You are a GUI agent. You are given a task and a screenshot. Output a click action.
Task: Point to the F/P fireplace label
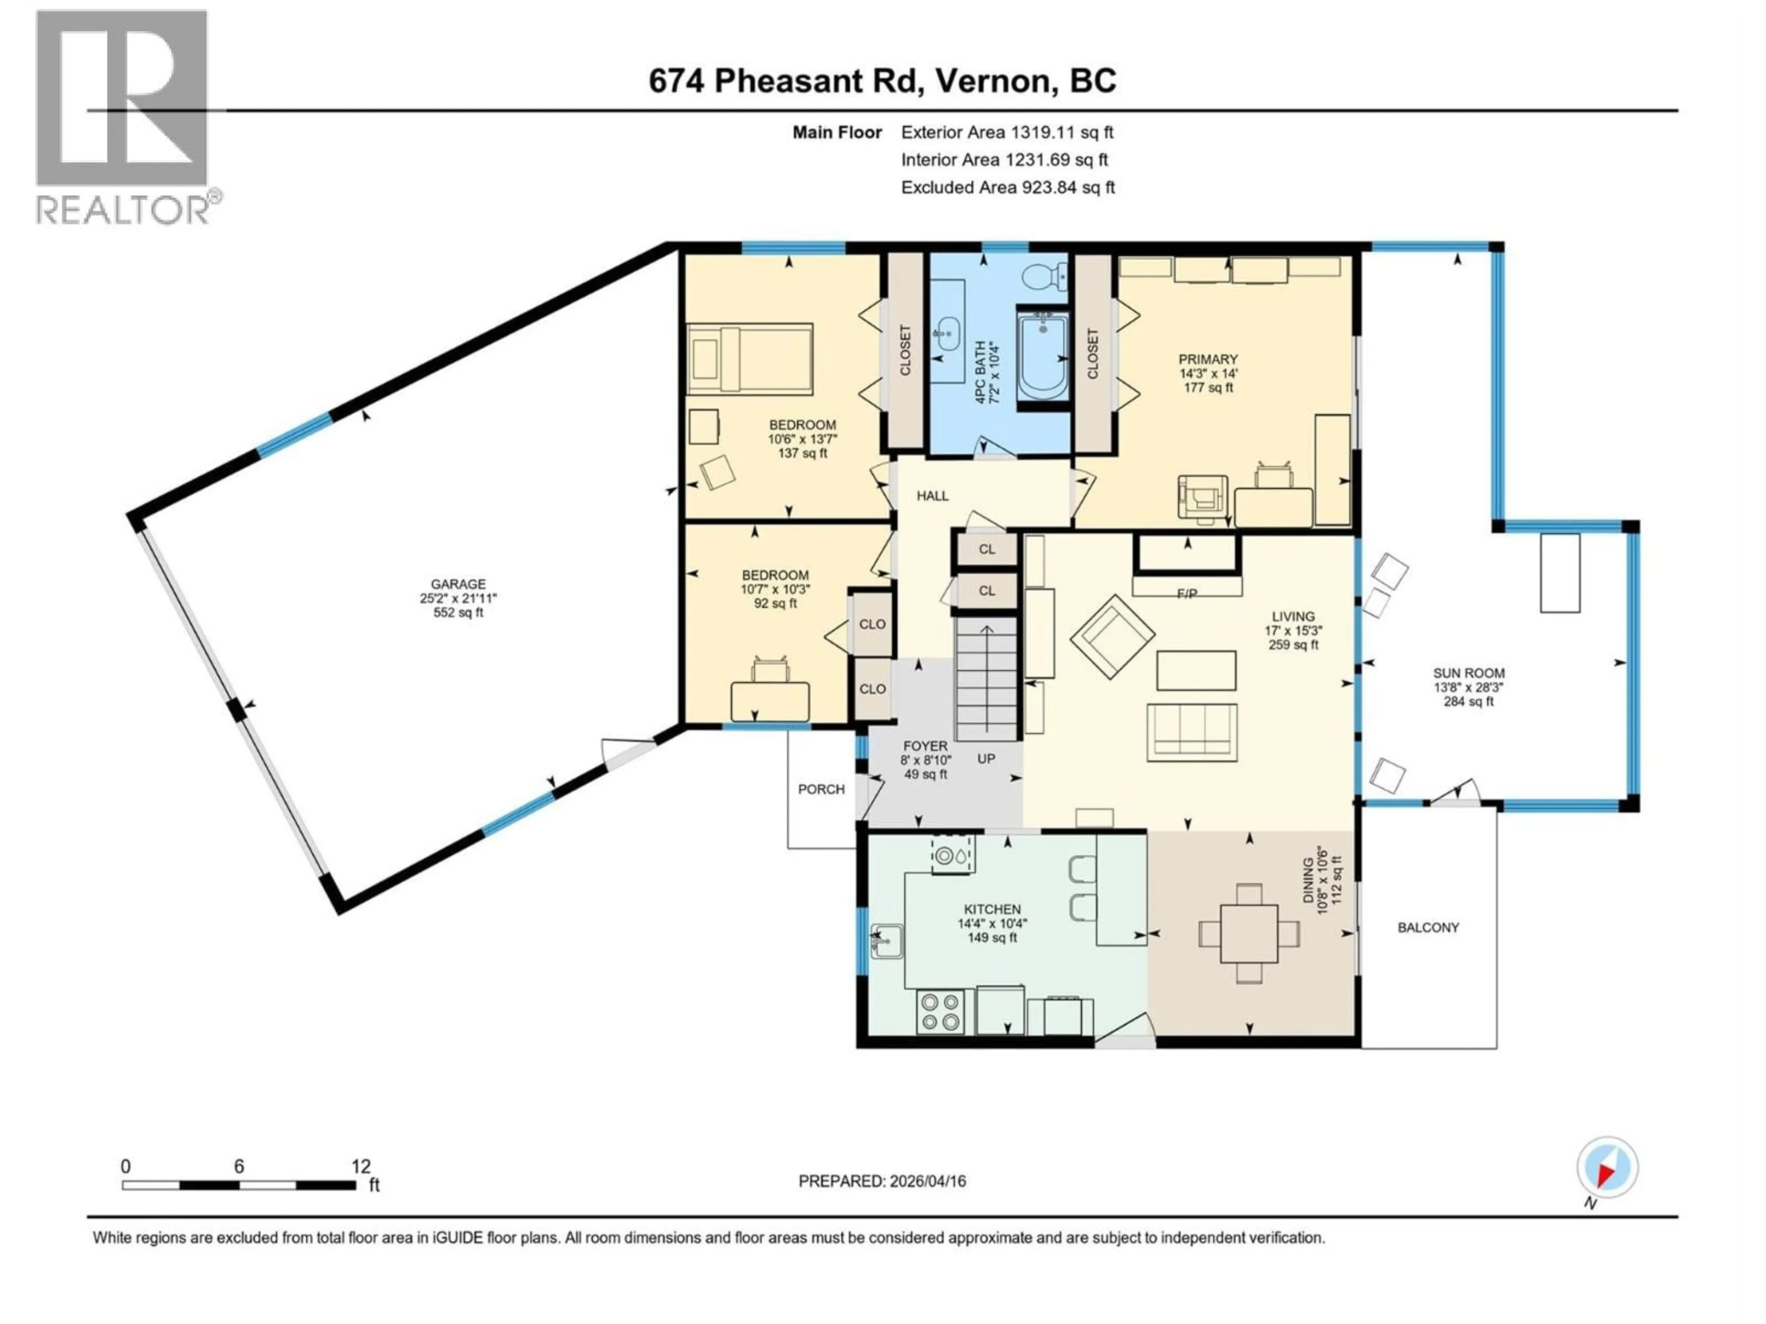(1187, 594)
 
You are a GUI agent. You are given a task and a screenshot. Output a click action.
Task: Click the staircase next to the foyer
(987, 679)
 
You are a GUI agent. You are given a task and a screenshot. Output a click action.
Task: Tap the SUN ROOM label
(1468, 673)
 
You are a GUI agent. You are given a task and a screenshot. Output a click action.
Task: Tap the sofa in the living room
(1192, 732)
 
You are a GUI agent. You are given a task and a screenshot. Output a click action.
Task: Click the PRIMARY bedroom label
(1208, 359)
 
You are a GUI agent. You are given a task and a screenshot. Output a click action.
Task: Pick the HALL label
(932, 496)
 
